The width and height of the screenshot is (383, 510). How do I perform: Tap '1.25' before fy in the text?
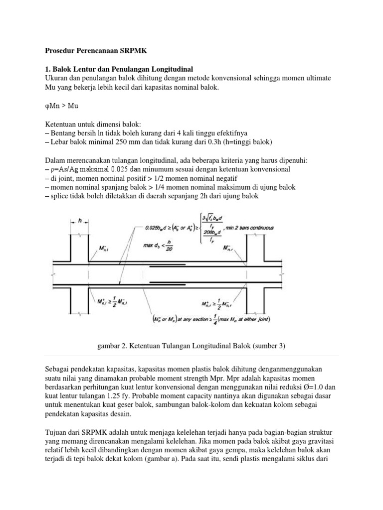tap(106, 395)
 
